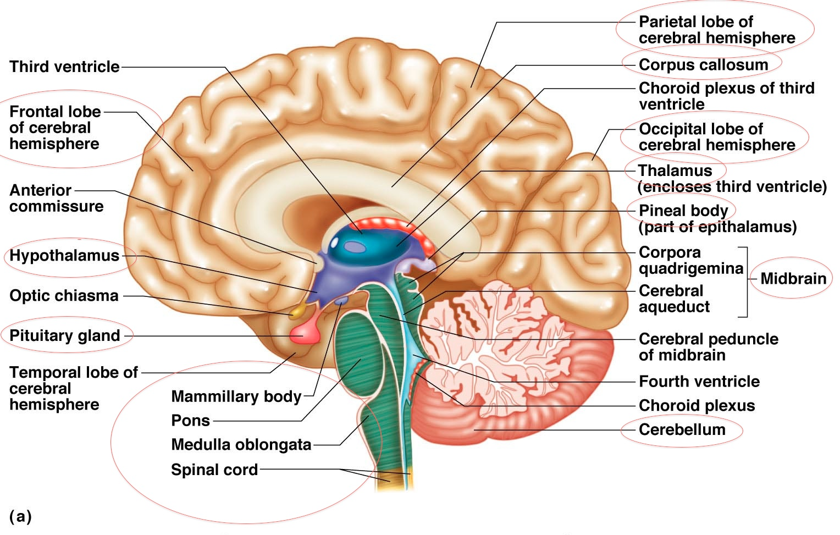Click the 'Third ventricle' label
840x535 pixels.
click(64, 67)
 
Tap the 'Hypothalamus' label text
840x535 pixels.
click(64, 256)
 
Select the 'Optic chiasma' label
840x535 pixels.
click(64, 296)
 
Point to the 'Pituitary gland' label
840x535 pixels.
click(65, 336)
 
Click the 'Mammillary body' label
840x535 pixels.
click(236, 396)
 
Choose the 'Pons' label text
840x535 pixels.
click(190, 421)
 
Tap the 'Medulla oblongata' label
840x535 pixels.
click(241, 444)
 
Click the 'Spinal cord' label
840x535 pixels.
click(214, 470)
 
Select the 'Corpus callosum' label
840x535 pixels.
click(703, 65)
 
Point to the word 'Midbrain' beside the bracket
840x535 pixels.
click(793, 279)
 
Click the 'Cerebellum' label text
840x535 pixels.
click(682, 429)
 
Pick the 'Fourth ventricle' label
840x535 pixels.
click(699, 382)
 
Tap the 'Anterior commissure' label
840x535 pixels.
click(56, 198)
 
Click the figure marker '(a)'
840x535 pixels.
click(20, 516)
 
